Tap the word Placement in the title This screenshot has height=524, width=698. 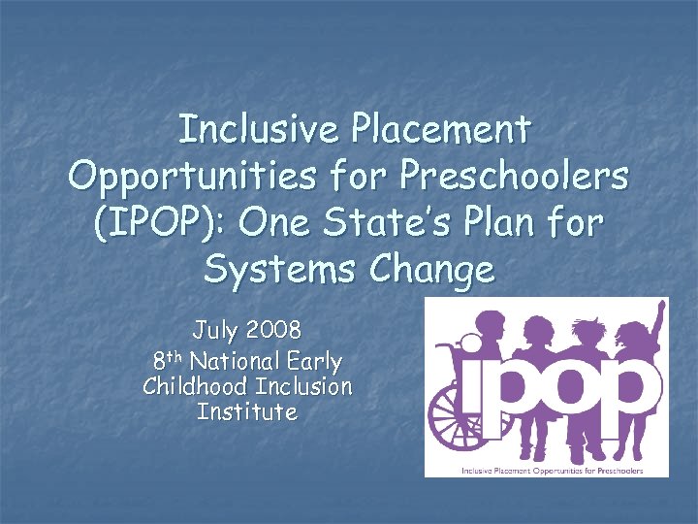[442, 128]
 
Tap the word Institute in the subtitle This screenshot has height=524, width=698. [246, 411]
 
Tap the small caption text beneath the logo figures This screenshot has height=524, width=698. [547, 470]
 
